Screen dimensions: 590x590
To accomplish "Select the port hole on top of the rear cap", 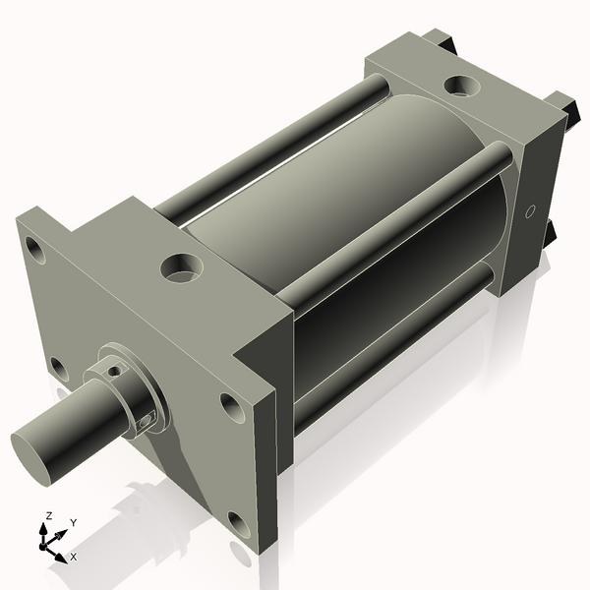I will coord(461,86).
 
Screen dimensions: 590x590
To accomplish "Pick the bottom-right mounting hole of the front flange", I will coord(237,521).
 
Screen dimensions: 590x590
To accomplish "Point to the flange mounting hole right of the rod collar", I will coord(231,404).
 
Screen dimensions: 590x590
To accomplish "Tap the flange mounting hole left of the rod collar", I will coord(58,369).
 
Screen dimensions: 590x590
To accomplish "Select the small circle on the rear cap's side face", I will coord(529,210).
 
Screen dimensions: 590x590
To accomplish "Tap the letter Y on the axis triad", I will coord(73,523).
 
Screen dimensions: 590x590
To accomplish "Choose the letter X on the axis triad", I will coord(73,557).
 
